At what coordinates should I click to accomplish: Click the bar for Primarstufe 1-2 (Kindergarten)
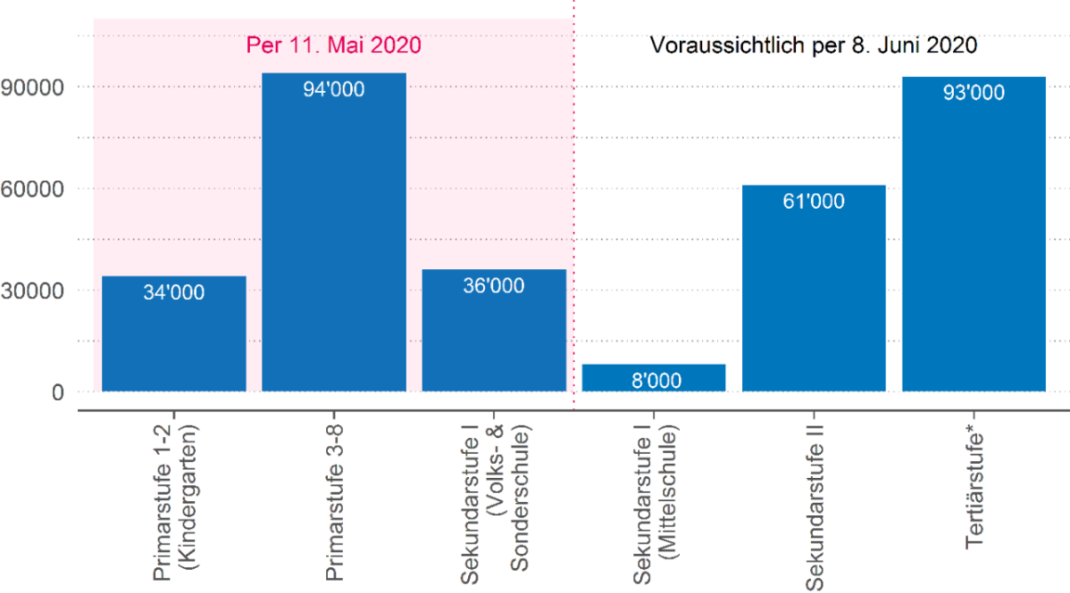pos(174,334)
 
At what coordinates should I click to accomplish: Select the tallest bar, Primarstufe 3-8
pos(333,232)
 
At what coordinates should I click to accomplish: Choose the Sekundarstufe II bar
pos(814,289)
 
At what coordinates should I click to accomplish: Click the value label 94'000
pos(333,90)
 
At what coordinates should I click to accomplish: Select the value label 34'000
pos(174,292)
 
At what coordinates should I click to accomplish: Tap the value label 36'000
pos(493,286)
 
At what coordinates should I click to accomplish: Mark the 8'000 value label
pos(653,380)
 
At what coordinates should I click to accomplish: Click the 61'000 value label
pos(814,201)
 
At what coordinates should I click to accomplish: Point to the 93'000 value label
pos(973,93)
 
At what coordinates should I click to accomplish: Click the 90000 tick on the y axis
pos(33,87)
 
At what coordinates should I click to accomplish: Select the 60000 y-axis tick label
pos(33,188)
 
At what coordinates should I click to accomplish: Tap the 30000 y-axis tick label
pos(33,290)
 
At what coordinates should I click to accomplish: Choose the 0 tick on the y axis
pos(58,392)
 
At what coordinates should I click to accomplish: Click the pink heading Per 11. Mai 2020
pos(333,45)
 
